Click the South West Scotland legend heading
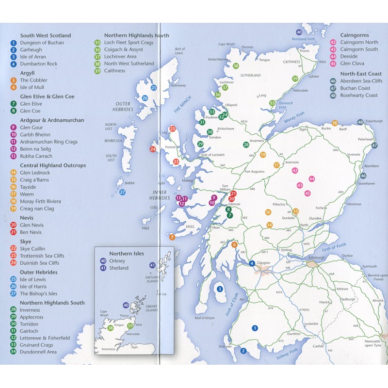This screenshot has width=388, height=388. [46, 35]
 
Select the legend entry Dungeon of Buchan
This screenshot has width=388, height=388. [43, 43]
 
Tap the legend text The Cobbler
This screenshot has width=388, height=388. [33, 80]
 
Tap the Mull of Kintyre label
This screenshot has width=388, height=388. [204, 318]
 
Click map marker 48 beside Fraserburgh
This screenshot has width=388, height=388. [360, 122]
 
